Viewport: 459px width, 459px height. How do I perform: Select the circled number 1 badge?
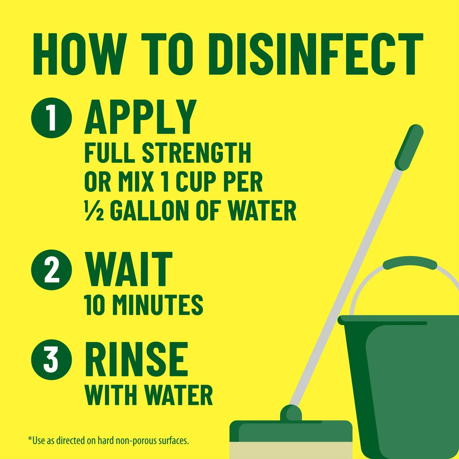[51, 117]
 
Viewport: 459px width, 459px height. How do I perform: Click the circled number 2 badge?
[51, 269]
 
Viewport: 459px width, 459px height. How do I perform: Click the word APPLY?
[140, 117]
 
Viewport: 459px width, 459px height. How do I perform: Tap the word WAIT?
[129, 269]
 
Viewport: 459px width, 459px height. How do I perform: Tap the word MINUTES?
[157, 305]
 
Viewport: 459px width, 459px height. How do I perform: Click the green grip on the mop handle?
[409, 147]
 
